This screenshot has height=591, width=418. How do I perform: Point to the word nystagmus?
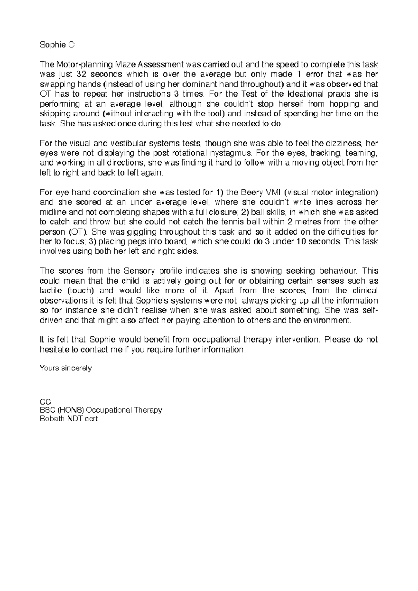230,153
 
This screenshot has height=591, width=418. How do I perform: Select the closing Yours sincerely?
66,368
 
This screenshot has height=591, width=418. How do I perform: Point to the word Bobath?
53,419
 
